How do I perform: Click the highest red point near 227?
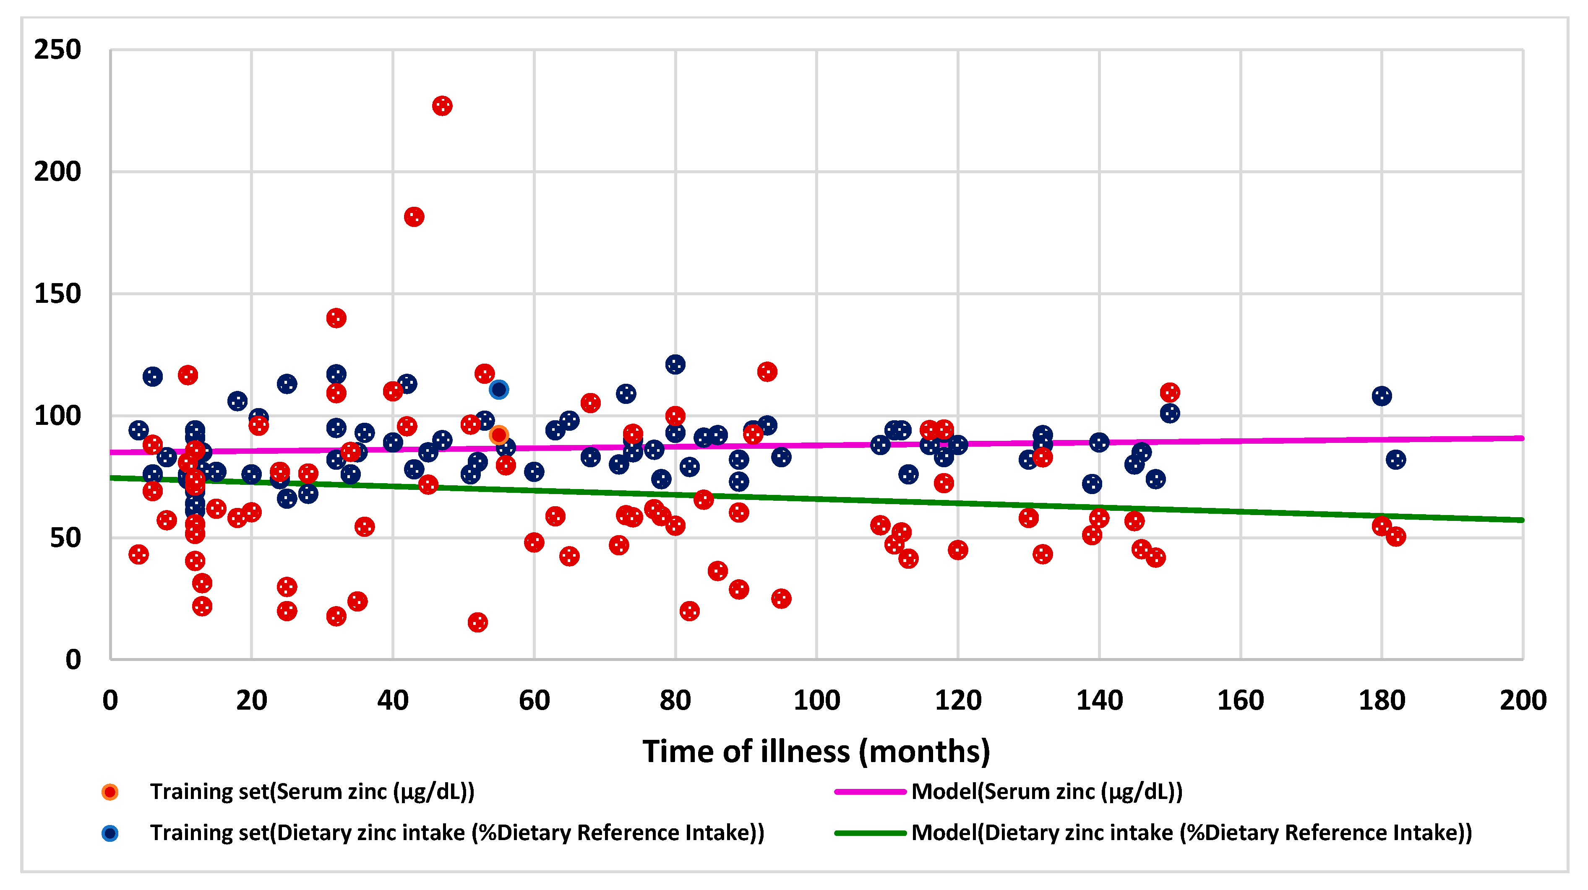point(442,106)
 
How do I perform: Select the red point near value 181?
point(414,217)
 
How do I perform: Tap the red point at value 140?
point(336,318)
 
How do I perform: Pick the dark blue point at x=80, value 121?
point(675,364)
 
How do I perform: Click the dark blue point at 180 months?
point(1382,396)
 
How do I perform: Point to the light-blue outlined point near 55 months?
point(499,390)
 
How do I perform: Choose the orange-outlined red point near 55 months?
point(499,435)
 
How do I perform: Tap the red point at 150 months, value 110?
point(1169,392)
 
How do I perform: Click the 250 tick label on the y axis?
point(57,50)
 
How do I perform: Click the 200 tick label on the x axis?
point(1523,701)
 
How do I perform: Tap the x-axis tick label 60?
point(534,701)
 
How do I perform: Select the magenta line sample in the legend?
point(870,791)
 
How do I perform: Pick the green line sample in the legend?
point(870,833)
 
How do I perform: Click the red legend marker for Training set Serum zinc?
point(110,792)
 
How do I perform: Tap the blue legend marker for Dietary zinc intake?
point(110,833)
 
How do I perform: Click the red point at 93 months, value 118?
point(767,372)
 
